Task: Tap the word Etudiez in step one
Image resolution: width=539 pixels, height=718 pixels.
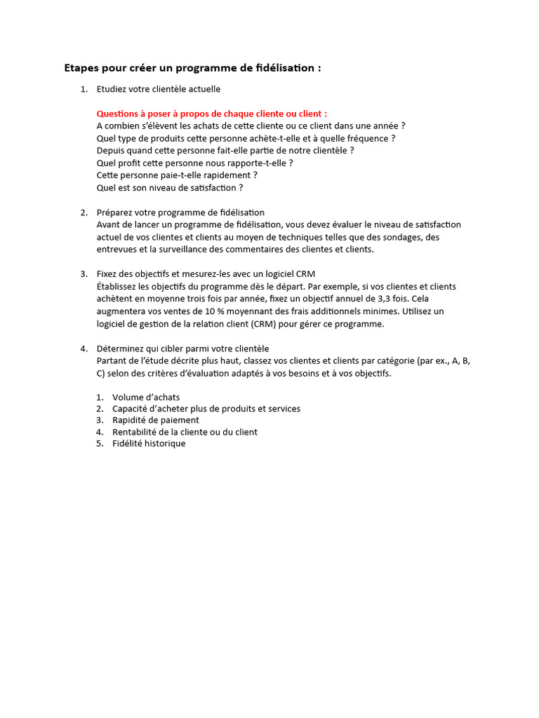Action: point(114,89)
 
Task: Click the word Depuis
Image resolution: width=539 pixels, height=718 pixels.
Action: point(111,151)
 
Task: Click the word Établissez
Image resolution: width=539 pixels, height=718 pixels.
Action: point(119,286)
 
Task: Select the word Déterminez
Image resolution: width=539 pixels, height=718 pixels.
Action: point(121,348)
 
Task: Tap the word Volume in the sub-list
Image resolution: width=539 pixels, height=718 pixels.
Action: point(127,398)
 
